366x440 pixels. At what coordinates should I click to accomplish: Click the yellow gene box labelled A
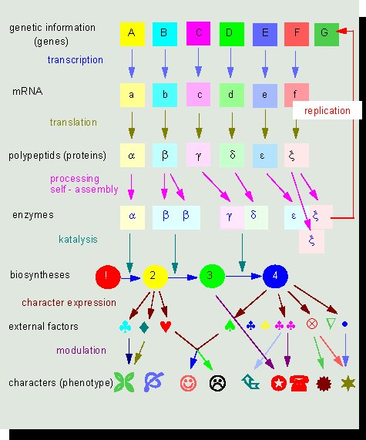133,34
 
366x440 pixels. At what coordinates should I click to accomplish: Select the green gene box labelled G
327,34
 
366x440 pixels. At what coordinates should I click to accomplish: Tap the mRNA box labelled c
199,95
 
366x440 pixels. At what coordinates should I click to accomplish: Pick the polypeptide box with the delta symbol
232,155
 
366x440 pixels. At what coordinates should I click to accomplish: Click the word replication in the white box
327,110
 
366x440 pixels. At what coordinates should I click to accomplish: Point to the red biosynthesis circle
108,277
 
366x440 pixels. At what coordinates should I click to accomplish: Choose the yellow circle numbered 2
155,277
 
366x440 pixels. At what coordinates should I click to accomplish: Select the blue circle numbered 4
275,276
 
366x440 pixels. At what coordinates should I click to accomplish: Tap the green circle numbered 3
212,276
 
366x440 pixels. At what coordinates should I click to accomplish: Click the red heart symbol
166,327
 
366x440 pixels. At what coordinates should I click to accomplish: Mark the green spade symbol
230,325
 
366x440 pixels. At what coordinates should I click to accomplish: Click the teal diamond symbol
144,327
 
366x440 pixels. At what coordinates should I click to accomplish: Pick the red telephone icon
299,383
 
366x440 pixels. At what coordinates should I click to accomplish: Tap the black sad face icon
217,383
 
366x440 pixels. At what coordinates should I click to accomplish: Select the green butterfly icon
124,382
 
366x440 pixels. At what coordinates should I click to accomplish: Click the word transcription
76,60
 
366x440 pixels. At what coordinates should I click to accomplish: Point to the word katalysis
78,240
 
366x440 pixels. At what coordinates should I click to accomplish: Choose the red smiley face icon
188,383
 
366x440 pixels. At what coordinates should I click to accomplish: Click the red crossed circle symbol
312,324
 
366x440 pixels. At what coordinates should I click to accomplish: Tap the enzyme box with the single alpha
133,217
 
